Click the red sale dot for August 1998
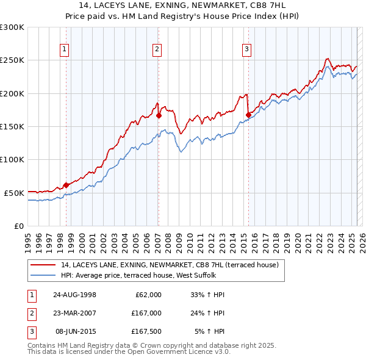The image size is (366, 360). (66, 185)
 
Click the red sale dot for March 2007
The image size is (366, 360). (158, 115)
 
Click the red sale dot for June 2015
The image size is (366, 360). (248, 115)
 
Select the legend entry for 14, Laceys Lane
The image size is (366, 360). (170, 265)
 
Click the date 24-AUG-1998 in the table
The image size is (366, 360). (74, 295)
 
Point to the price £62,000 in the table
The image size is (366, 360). (148, 295)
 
